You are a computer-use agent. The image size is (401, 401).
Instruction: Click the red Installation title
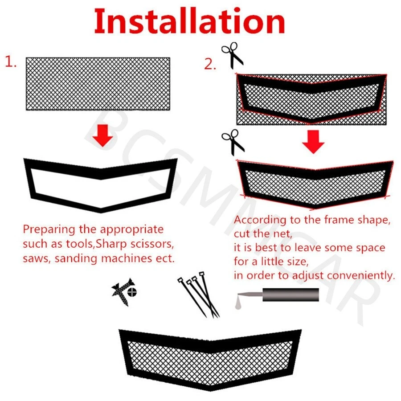point(189,21)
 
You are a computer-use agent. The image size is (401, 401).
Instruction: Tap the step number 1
point(11,61)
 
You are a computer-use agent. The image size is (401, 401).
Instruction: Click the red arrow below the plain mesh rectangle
point(102,135)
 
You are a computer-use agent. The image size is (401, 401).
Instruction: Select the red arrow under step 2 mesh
point(313,142)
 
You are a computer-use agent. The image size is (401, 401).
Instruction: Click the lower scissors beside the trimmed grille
point(233,143)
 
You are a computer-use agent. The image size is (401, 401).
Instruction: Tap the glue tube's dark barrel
point(291,295)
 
